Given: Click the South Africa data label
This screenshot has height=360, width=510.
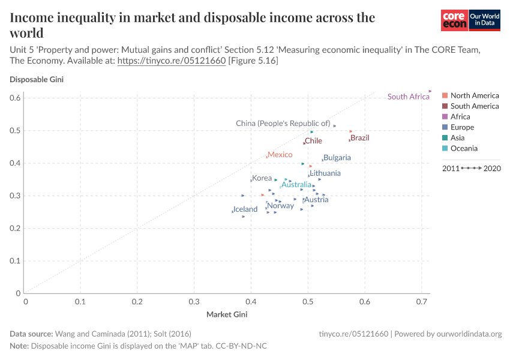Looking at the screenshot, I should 408,97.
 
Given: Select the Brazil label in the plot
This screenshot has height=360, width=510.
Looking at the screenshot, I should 360,138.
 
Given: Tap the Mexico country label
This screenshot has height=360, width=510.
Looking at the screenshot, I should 280,155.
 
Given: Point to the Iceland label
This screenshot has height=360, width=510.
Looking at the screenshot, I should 245,209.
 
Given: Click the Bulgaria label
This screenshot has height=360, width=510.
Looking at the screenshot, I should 337,158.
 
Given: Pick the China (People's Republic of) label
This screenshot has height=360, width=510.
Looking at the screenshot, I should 283,124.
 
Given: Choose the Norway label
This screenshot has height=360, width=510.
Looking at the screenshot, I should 281,206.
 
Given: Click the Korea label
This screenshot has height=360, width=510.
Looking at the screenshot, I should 262,178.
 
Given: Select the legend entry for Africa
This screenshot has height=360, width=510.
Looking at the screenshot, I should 460,117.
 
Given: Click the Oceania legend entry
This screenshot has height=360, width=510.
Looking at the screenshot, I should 464,149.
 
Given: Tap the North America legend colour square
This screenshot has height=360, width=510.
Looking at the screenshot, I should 445,95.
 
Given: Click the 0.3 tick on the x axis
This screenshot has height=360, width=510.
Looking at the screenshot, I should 194,302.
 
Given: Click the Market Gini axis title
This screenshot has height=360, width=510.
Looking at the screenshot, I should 227,314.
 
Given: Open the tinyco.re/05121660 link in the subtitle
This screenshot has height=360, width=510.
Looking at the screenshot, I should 171,61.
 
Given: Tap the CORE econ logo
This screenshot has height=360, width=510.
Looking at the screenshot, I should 454,20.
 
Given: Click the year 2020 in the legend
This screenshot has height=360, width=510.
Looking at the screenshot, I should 492,168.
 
